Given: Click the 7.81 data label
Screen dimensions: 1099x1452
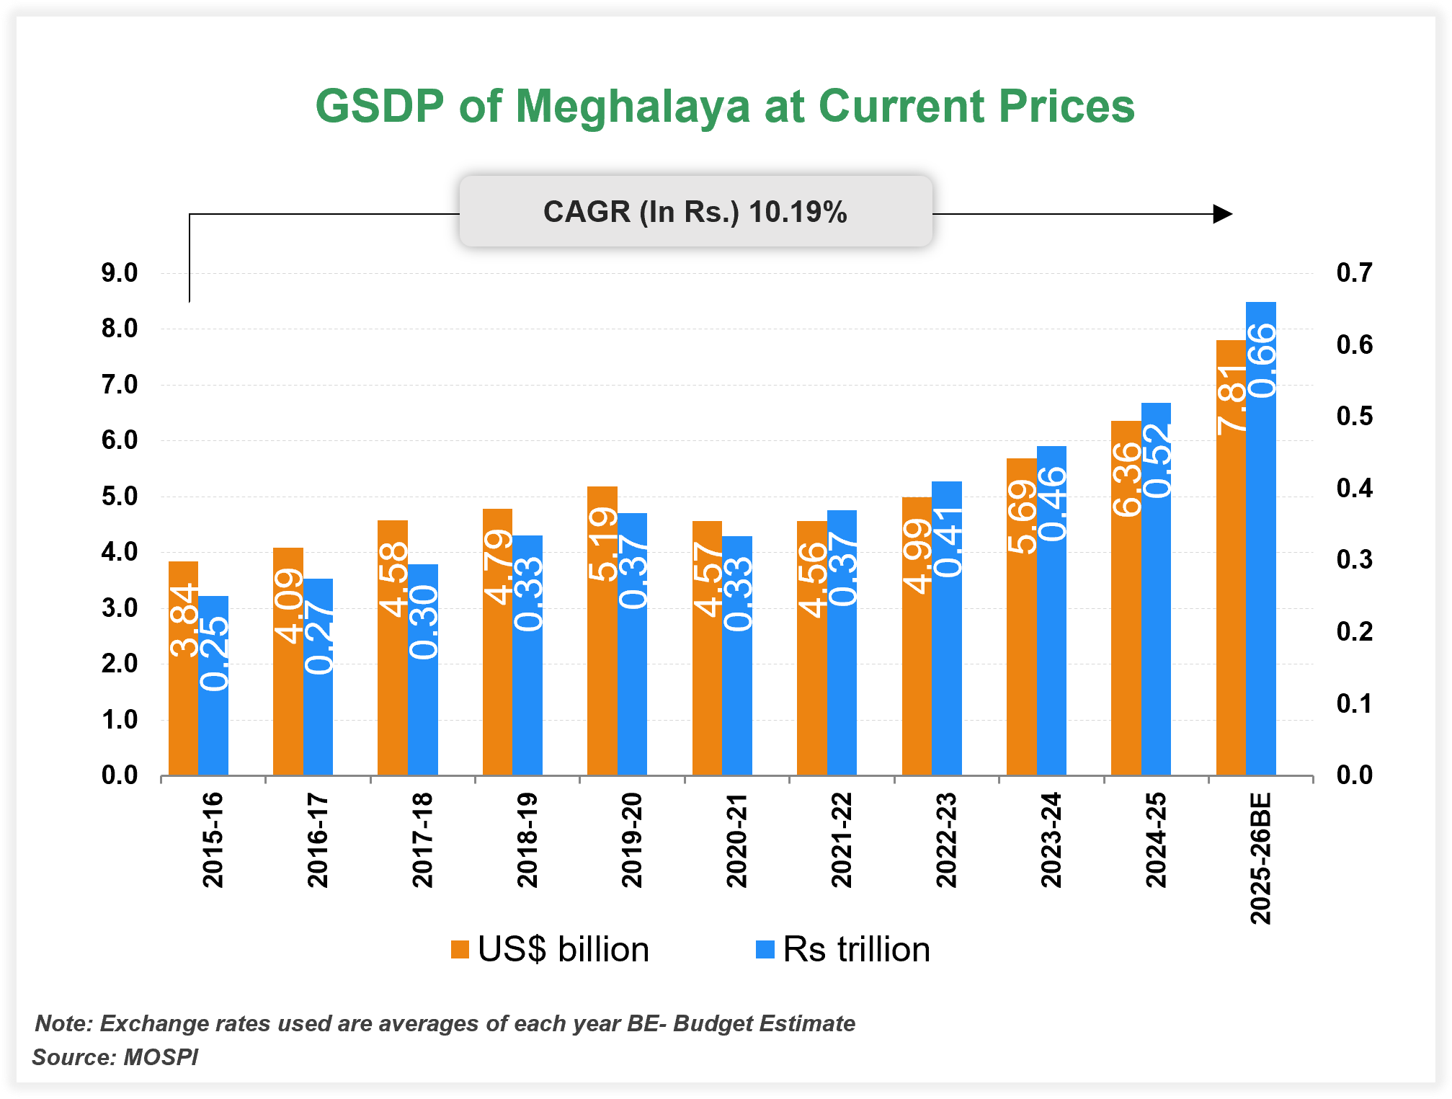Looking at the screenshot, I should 1231,400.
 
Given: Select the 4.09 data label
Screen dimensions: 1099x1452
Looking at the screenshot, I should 289,605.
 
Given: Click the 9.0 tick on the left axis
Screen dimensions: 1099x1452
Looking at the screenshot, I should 120,273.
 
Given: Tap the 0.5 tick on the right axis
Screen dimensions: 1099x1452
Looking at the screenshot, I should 1354,417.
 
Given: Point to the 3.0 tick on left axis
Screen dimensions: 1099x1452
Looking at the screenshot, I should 120,608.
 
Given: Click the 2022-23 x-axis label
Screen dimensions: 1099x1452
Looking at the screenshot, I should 946,840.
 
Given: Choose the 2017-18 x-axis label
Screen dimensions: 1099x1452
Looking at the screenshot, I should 422,840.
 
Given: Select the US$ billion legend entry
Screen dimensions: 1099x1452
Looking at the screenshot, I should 551,949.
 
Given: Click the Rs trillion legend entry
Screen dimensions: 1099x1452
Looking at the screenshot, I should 843,949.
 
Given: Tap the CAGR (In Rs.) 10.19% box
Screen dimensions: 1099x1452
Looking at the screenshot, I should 695,212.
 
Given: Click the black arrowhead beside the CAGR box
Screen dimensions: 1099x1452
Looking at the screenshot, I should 1222,214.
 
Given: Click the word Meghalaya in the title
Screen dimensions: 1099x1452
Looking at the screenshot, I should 633,107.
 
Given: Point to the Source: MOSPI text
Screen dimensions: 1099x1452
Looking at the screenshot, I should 115,1057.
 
